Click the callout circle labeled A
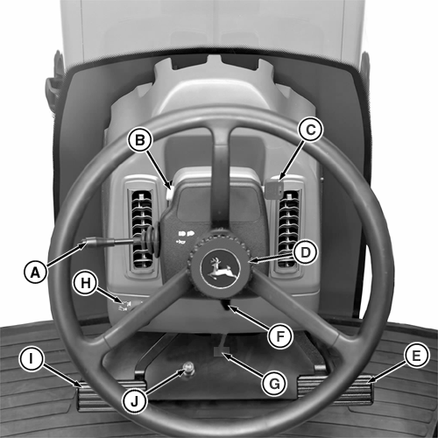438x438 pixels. coord(35,272)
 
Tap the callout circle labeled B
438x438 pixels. coord(140,140)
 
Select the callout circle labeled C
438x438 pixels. coord(311,129)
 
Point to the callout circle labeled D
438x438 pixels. coord(306,252)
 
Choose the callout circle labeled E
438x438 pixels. coord(416,356)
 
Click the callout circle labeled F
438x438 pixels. coord(280,336)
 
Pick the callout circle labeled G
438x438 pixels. coord(274,384)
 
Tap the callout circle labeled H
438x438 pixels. coord(85,283)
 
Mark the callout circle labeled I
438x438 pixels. coord(32,359)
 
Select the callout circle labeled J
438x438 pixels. coord(134,401)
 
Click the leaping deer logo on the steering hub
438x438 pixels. coord(221,268)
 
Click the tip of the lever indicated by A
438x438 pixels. coord(85,242)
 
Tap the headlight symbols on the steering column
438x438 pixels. coord(187,234)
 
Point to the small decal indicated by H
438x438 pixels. coord(124,306)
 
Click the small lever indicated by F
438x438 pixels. coord(226,305)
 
